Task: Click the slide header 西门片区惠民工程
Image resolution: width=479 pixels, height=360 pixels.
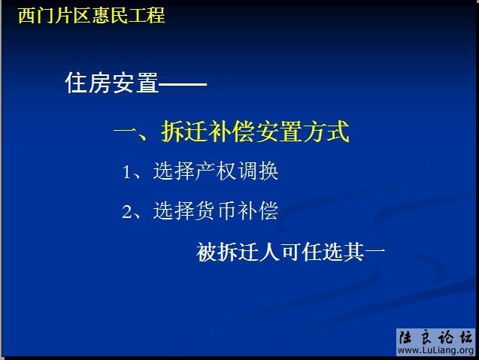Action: [91, 15]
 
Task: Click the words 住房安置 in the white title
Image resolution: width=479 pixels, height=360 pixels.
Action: [112, 84]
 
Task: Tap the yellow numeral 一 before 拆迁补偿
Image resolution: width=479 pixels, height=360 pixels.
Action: [123, 134]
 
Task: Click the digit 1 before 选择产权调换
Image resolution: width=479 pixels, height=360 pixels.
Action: [127, 173]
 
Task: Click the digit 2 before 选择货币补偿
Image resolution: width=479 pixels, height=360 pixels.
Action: [127, 212]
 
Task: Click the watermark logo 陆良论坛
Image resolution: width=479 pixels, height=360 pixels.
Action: [435, 337]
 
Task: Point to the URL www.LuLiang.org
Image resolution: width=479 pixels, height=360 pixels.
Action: [435, 351]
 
